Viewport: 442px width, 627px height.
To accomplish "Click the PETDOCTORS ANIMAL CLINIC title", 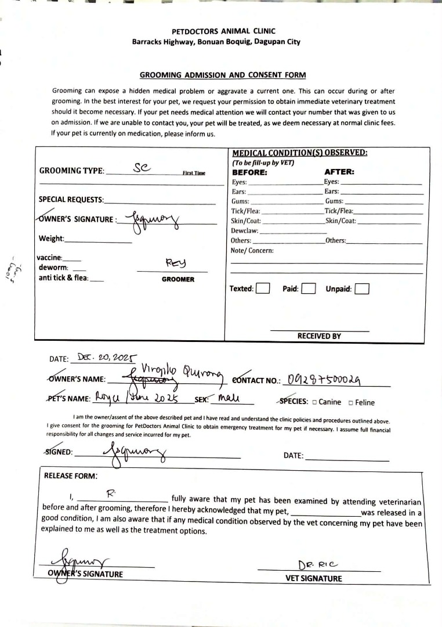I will [x=224, y=31].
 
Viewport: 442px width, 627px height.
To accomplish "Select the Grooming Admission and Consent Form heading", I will [x=223, y=75].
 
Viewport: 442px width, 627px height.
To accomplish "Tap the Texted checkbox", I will [x=263, y=289].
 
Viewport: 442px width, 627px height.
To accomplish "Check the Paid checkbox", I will [x=309, y=289].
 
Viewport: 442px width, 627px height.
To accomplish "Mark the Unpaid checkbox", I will [x=362, y=289].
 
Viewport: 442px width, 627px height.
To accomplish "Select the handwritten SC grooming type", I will [x=142, y=167].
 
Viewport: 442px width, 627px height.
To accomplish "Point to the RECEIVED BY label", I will [x=319, y=336].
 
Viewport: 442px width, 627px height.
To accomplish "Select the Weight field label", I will [x=52, y=239].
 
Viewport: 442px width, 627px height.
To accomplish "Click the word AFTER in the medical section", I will [x=339, y=172].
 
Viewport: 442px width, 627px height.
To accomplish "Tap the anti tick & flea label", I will [x=63, y=278].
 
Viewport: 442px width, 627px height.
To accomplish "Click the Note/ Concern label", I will [x=252, y=250].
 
